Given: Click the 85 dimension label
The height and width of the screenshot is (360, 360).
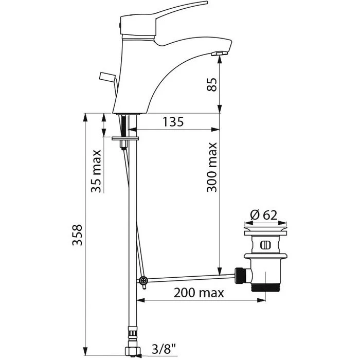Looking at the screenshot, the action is (x=212, y=85).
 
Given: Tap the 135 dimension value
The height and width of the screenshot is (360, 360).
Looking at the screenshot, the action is (x=173, y=122).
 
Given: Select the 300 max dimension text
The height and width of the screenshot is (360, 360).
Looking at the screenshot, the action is (x=212, y=167).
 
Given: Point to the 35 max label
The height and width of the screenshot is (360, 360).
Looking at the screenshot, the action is (x=96, y=171).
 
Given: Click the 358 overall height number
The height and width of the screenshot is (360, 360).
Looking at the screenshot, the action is (x=77, y=235).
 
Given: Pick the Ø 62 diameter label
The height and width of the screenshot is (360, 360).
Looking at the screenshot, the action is (x=264, y=215).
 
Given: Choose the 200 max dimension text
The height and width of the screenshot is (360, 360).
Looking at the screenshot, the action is (x=199, y=293).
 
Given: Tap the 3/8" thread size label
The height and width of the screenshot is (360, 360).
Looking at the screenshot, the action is (x=164, y=349).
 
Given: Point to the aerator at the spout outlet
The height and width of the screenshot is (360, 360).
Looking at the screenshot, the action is (x=219, y=53).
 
